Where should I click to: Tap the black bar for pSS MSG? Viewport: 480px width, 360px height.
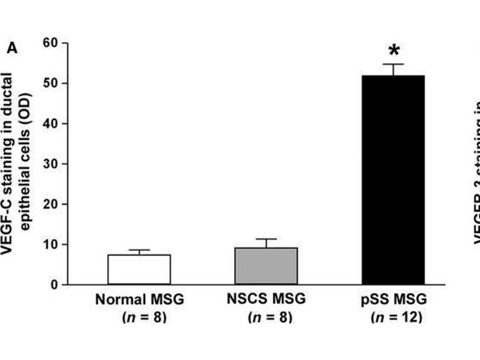pyautogui.click(x=393, y=180)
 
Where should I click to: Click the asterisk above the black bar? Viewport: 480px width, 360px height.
pyautogui.click(x=394, y=50)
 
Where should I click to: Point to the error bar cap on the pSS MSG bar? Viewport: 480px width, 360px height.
pyautogui.click(x=394, y=64)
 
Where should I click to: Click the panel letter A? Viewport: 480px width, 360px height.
pyautogui.click(x=12, y=48)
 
